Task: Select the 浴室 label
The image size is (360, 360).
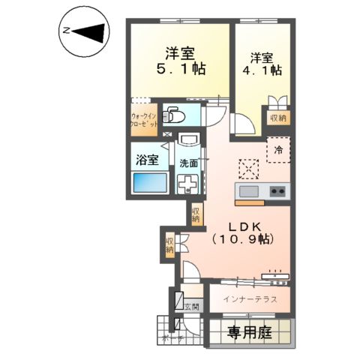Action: click(x=146, y=159)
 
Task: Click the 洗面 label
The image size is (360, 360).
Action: click(x=188, y=162)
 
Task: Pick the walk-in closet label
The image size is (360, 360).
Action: click(x=144, y=121)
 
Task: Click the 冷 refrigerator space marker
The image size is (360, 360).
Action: click(x=278, y=150)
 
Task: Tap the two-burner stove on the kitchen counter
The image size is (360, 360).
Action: click(x=277, y=191)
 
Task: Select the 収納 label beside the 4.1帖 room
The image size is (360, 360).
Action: click(x=278, y=118)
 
